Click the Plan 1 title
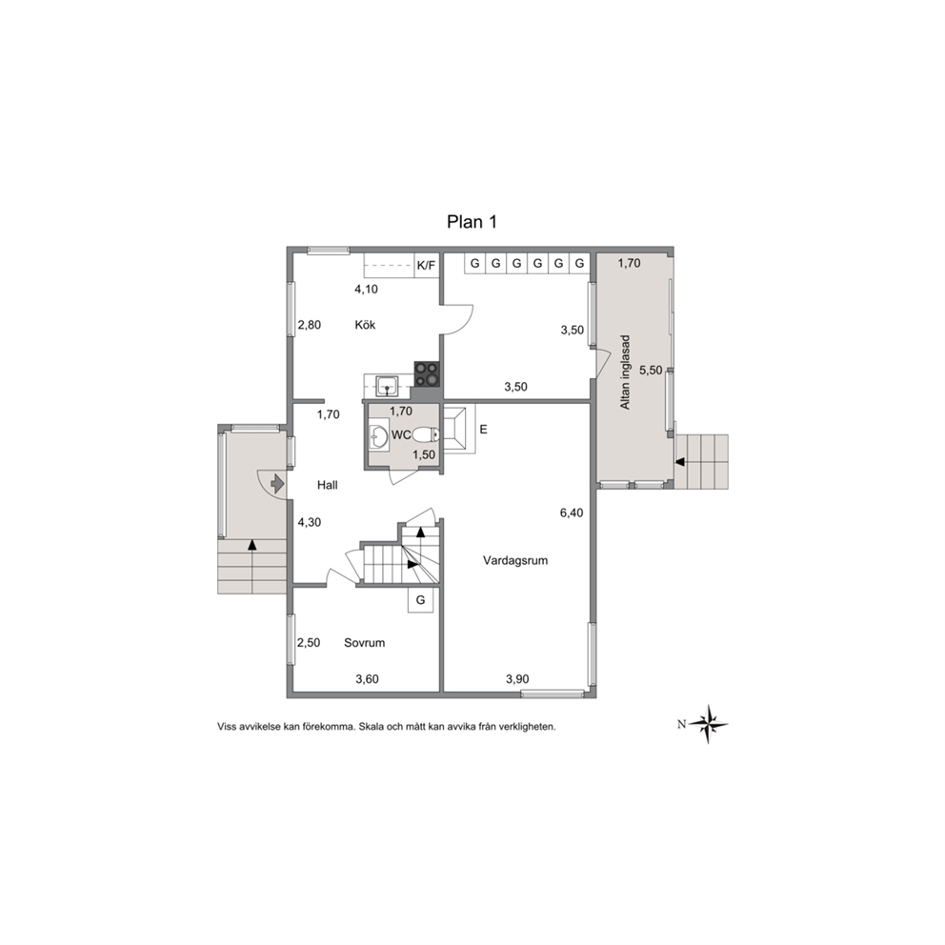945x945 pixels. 472,222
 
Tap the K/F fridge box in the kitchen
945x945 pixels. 426,265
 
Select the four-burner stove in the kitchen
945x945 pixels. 428,374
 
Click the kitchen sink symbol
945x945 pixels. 387,385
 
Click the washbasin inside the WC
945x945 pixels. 379,436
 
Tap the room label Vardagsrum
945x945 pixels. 515,560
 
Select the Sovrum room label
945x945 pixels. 364,643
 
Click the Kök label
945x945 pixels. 365,325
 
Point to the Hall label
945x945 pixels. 328,485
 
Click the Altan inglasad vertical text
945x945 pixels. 625,372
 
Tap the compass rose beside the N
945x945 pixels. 709,724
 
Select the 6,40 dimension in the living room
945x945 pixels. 572,513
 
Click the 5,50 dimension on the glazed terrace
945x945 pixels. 651,371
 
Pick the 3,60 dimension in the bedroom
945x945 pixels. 367,679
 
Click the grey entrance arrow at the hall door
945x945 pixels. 277,483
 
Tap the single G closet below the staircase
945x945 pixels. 421,599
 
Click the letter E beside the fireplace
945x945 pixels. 483,430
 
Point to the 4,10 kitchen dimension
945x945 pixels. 366,290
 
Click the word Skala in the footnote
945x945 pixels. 371,727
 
